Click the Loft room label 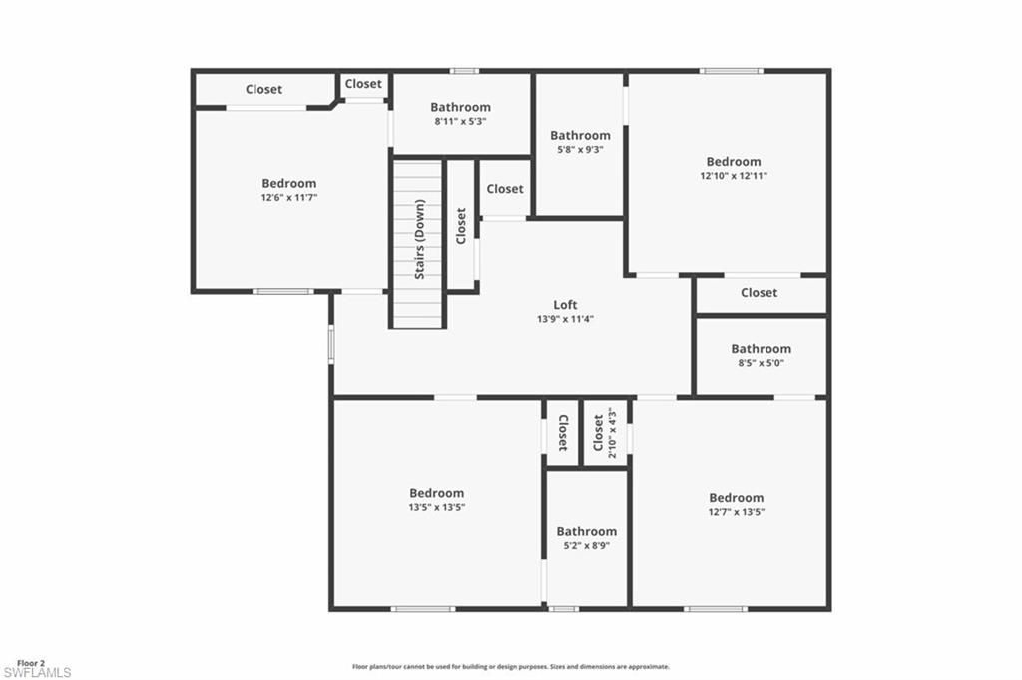566,305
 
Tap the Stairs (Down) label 420,239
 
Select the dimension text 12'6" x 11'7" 289,198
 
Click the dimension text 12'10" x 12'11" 734,176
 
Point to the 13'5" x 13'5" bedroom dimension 437,507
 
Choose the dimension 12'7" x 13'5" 737,512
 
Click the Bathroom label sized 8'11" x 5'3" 461,107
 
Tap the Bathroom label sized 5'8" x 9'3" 580,135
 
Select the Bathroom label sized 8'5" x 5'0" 761,349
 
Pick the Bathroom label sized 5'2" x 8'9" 587,532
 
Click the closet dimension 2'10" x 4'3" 612,435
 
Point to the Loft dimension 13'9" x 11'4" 566,320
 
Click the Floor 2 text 31,663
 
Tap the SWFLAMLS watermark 37,673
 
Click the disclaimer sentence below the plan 510,666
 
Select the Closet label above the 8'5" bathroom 759,293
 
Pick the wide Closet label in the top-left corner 263,89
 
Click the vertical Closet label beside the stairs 460,226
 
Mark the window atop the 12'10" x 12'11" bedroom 731,71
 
